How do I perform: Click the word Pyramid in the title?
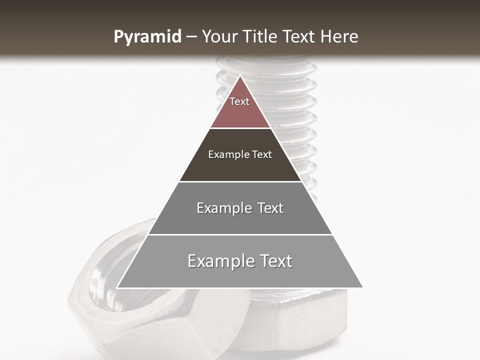pos(147,37)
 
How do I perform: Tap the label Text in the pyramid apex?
pos(239,101)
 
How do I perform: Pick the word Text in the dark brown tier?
pos(262,154)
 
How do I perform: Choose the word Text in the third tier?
pos(270,208)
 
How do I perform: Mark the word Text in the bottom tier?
pos(275,261)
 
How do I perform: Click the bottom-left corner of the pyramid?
pos(117,287)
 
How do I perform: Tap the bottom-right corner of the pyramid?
pos(362,287)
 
